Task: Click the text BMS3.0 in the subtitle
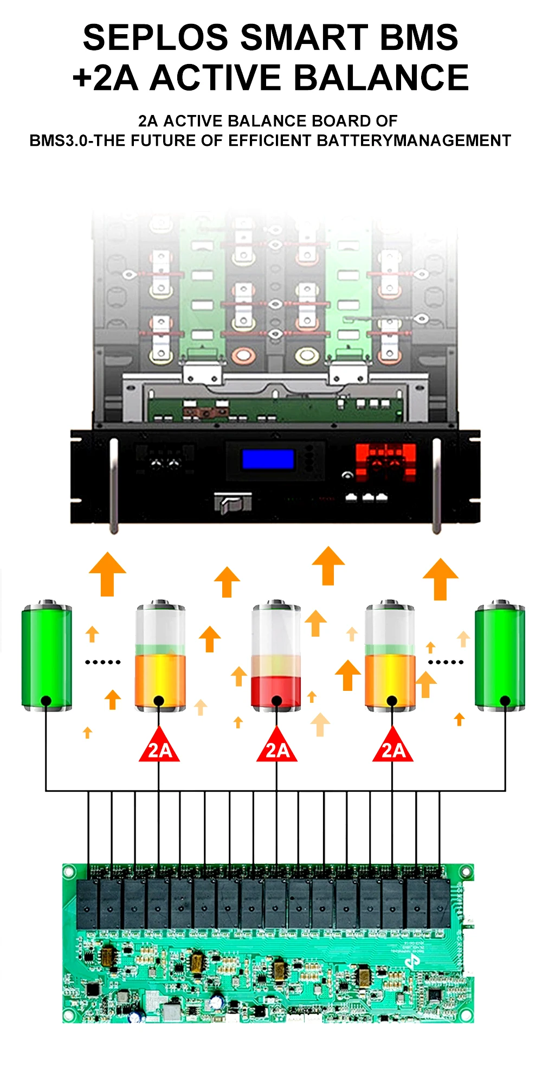59,140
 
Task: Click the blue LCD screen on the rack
268,459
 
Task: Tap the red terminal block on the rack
385,461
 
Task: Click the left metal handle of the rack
113,485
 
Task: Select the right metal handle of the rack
436,485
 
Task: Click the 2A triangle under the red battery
277,747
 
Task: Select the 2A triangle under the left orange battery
159,747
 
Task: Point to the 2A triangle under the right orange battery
393,747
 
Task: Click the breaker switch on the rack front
233,503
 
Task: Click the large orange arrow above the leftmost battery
107,574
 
